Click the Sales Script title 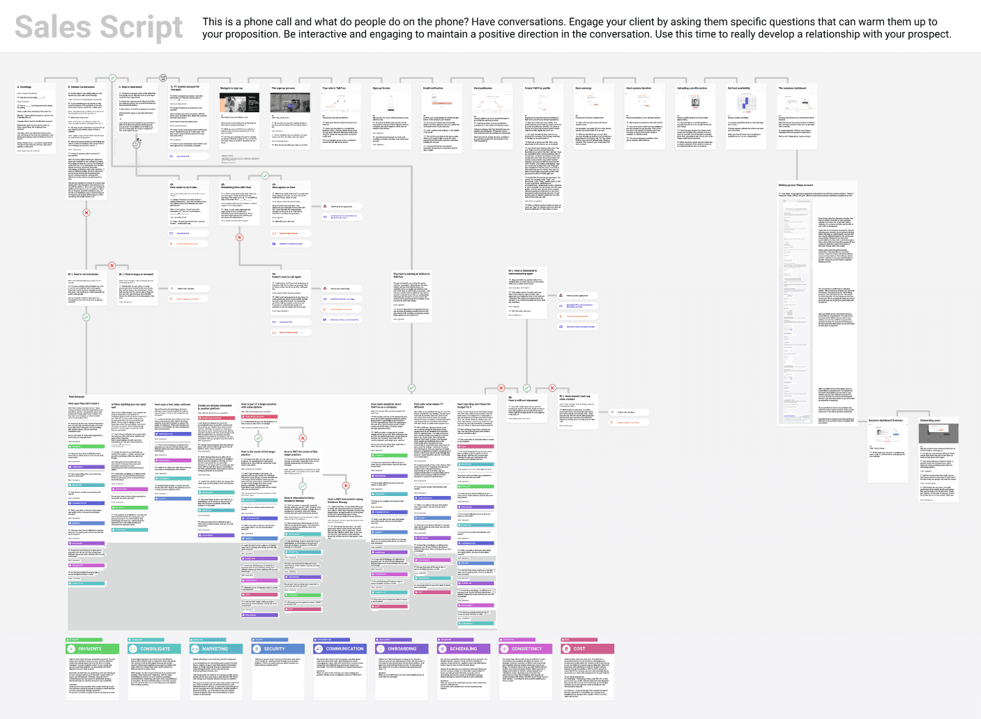click(x=99, y=27)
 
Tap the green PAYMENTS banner click(x=93, y=649)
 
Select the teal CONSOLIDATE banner click(x=154, y=649)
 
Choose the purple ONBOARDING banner click(x=402, y=649)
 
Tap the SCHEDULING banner click(x=464, y=649)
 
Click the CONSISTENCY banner click(x=527, y=649)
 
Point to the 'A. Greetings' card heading click(x=24, y=88)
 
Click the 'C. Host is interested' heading click(x=130, y=88)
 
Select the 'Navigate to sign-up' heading click(x=231, y=88)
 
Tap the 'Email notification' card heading click(x=433, y=88)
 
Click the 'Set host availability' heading click(x=739, y=88)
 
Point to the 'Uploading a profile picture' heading click(x=692, y=88)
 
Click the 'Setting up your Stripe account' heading click(x=796, y=185)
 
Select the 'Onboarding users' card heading click(x=930, y=420)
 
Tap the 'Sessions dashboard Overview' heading click(x=885, y=420)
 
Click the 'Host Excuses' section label click(x=77, y=396)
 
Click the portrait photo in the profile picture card click(x=695, y=102)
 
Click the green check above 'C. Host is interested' click(x=112, y=78)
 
